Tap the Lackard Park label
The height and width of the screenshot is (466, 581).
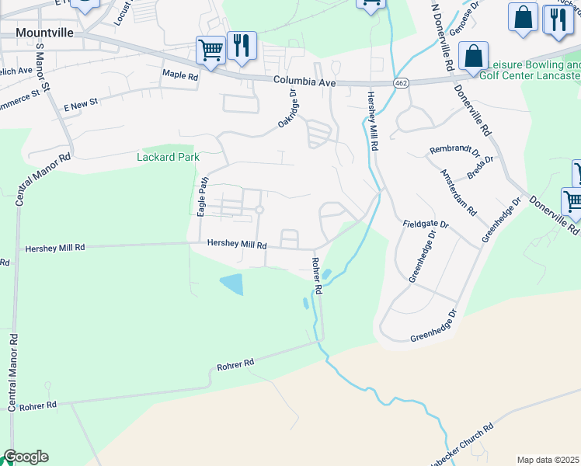[x=169, y=157]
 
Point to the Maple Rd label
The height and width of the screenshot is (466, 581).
[x=180, y=75]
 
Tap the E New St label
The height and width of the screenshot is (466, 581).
[x=81, y=103]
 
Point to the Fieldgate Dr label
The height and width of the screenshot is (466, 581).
[x=426, y=224]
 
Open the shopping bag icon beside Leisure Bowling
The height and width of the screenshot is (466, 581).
[x=472, y=57]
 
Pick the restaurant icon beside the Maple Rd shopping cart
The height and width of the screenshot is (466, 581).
[x=242, y=44]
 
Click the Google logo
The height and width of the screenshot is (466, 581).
[x=26, y=457]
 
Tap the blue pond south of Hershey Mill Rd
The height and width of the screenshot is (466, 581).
[x=231, y=284]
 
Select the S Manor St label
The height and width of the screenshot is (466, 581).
[x=40, y=65]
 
